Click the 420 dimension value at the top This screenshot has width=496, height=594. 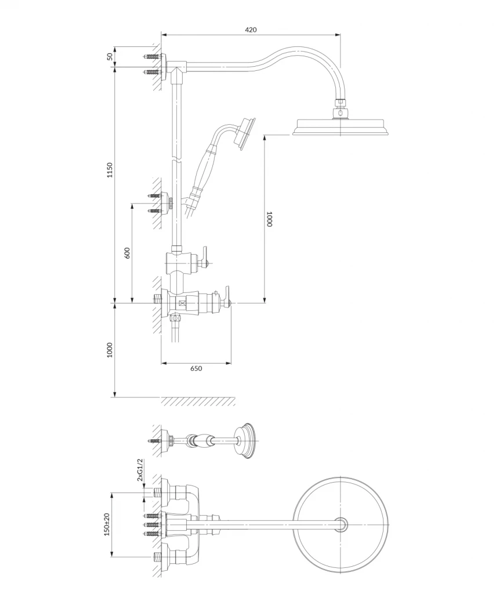(251, 30)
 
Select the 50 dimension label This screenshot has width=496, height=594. (109, 56)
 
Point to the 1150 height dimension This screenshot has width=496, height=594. (110, 171)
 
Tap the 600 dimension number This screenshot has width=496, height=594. (127, 253)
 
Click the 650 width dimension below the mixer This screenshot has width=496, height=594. (196, 369)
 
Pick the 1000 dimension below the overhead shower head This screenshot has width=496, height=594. (269, 219)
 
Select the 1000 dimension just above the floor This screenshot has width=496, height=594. (110, 350)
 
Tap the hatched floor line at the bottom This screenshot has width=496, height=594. (197, 401)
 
